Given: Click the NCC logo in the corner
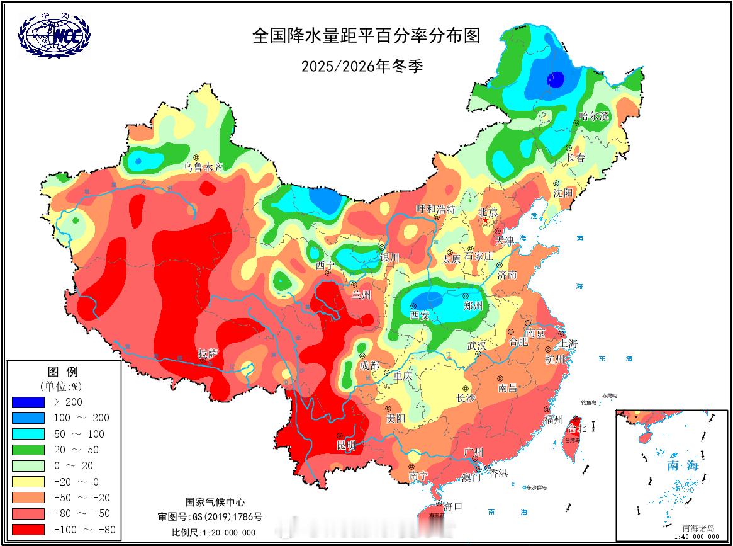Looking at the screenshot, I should coord(54,35).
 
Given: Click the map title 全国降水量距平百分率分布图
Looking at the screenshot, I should coord(366,35).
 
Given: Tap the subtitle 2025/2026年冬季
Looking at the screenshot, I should coord(361,65).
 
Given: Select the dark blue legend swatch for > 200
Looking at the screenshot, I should coord(28,402).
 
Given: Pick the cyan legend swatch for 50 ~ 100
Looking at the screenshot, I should coord(28,434).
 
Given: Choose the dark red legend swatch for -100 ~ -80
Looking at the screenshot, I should coord(28,530).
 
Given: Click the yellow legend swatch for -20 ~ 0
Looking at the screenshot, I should coord(28,482).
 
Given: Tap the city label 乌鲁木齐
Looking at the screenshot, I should coord(203,168).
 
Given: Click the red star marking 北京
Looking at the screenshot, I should coord(485,221).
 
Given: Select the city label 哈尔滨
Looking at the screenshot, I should coord(594,117).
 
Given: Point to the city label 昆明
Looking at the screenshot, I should coord(346,445).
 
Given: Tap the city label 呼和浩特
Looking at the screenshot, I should coord(435,209).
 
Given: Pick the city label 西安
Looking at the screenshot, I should coord(419,315).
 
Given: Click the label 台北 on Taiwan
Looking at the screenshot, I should coord(576,429).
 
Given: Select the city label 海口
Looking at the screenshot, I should coord(452,506).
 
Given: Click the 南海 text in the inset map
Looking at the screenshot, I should coord(683,467).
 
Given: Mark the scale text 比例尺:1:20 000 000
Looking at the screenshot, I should coord(213,532).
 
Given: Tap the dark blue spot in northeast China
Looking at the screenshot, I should coord(555,79).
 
